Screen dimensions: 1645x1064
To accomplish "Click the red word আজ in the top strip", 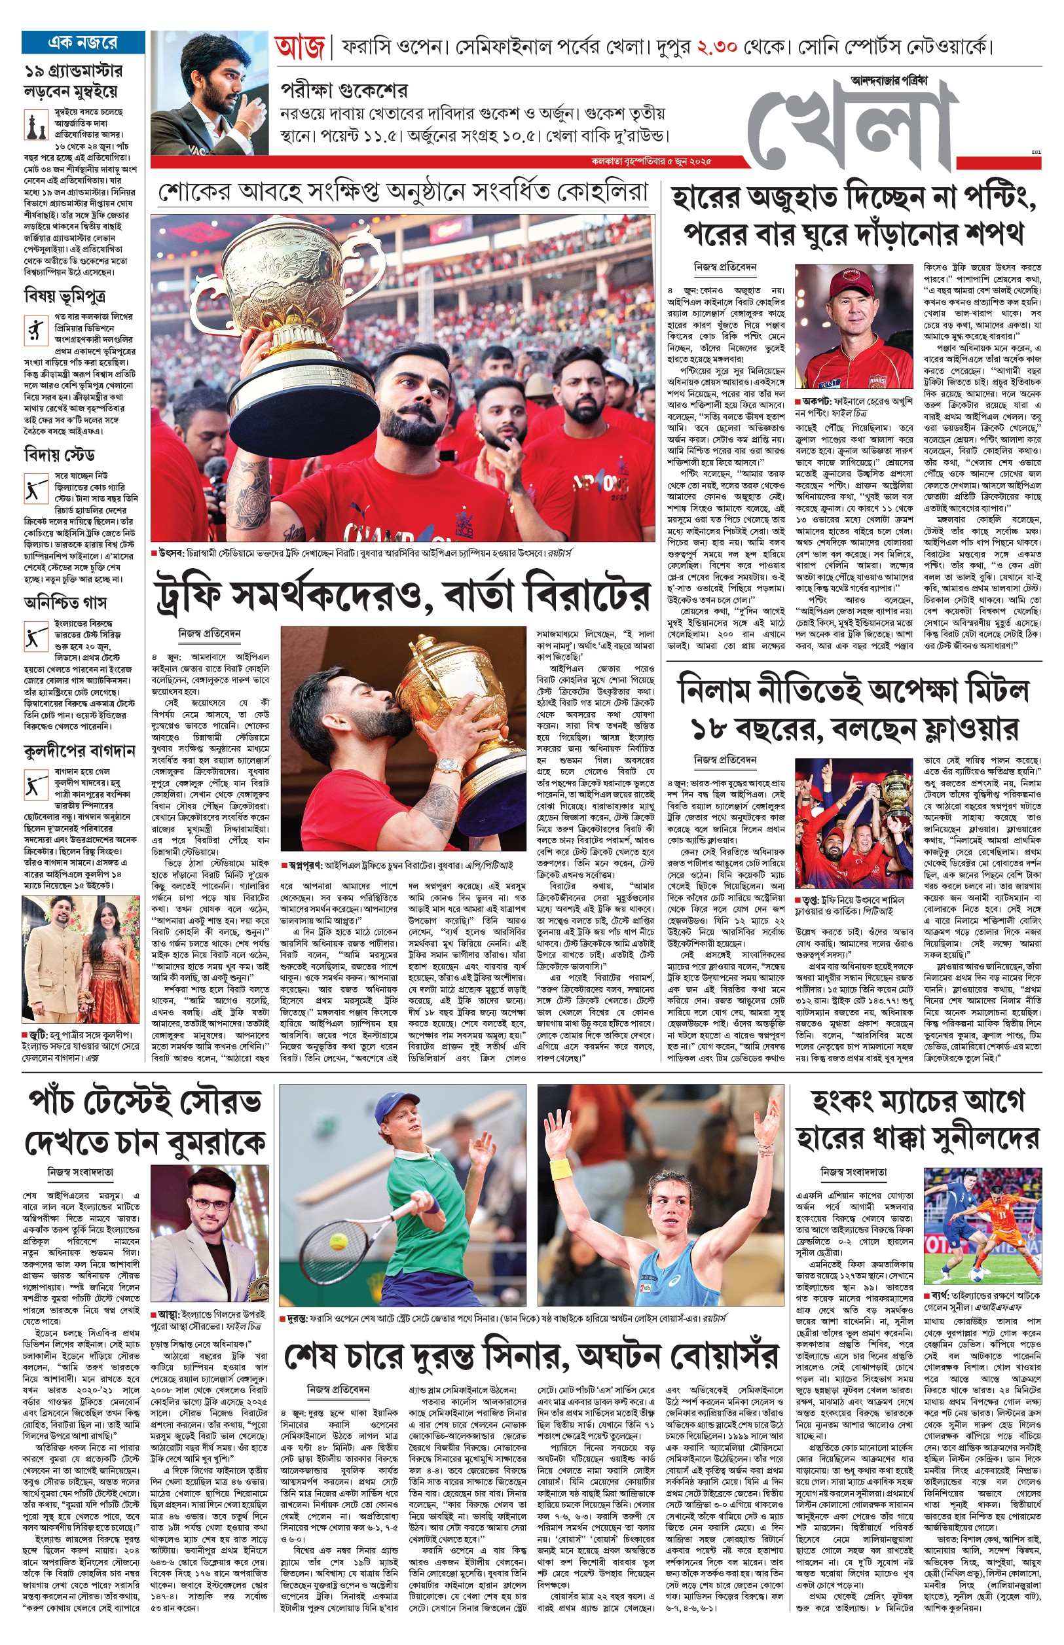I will click(299, 48).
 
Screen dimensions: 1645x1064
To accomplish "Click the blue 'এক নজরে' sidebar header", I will click(83, 42).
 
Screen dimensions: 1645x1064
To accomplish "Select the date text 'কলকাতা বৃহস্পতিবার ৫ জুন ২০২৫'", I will click(652, 161).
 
